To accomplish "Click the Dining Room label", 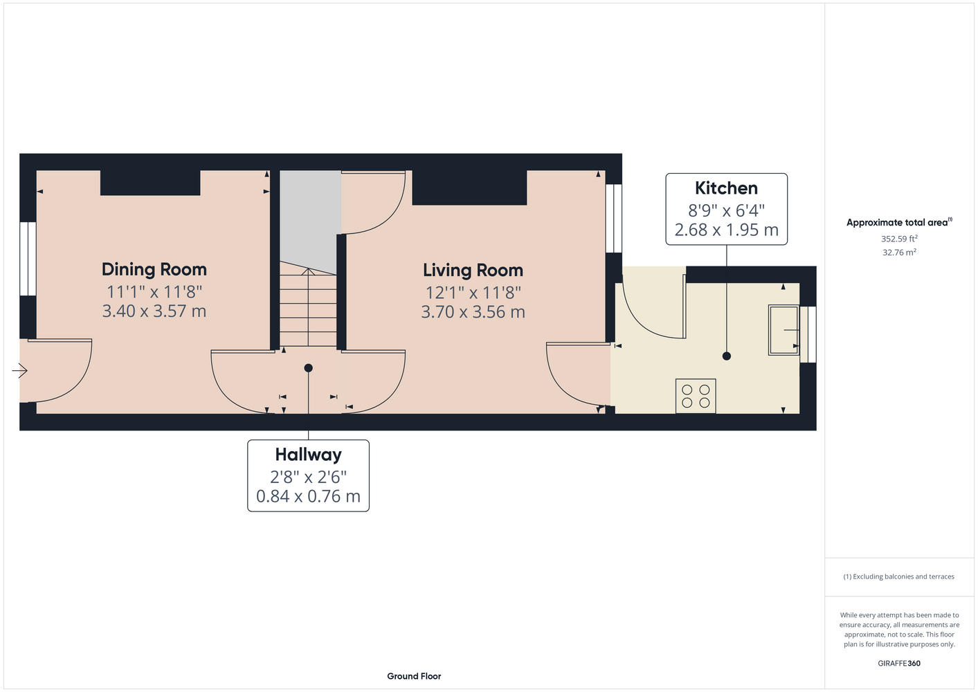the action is [x=154, y=269].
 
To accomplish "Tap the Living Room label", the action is [x=473, y=271].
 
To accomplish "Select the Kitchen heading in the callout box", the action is [x=726, y=188].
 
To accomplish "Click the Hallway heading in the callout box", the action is [x=308, y=455].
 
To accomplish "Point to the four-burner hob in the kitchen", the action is [x=696, y=396].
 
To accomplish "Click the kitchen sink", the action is [x=784, y=330].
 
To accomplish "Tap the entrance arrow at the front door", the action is [x=19, y=371].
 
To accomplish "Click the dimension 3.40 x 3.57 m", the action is [x=154, y=311].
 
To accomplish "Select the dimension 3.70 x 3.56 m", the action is [x=473, y=312].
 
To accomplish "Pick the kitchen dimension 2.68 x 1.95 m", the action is [x=727, y=230].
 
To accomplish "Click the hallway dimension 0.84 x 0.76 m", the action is [x=308, y=496].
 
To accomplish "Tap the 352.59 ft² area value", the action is [x=899, y=239].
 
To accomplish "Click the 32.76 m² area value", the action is [x=899, y=253].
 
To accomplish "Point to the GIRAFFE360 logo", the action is [x=899, y=663].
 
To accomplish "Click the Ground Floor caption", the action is [x=414, y=676].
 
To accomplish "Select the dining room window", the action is [x=28, y=259].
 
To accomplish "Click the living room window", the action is [x=613, y=218].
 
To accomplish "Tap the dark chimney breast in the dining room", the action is [x=150, y=183].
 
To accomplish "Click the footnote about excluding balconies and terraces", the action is [x=899, y=576].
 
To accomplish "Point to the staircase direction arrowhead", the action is [x=308, y=271].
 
